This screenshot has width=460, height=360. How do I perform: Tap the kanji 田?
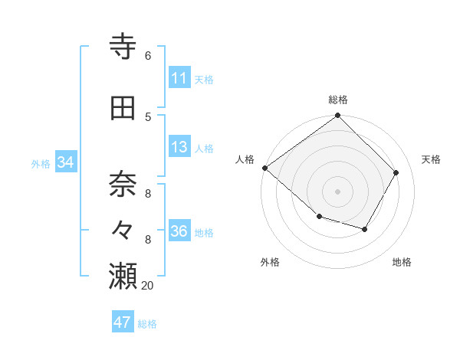click(x=123, y=110)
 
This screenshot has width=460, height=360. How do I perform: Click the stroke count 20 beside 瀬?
click(x=147, y=285)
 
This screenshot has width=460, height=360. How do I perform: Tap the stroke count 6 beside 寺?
click(x=147, y=56)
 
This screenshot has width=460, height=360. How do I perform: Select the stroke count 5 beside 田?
click(x=147, y=116)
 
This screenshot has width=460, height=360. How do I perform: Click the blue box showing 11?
click(x=179, y=78)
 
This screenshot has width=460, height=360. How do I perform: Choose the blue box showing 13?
click(x=179, y=147)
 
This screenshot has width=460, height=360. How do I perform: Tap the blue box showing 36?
click(x=179, y=231)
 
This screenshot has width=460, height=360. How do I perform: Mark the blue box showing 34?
click(x=65, y=162)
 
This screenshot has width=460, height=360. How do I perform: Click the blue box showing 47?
click(x=123, y=322)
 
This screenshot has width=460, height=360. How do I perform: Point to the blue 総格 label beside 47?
click(x=147, y=324)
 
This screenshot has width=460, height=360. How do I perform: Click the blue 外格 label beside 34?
click(x=41, y=163)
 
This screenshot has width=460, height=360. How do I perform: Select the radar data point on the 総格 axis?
click(x=337, y=116)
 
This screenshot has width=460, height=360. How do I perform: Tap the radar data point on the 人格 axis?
click(x=264, y=168)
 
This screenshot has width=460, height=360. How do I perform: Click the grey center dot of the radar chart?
click(x=337, y=191)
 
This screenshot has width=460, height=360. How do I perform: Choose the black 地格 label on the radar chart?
click(x=402, y=262)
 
